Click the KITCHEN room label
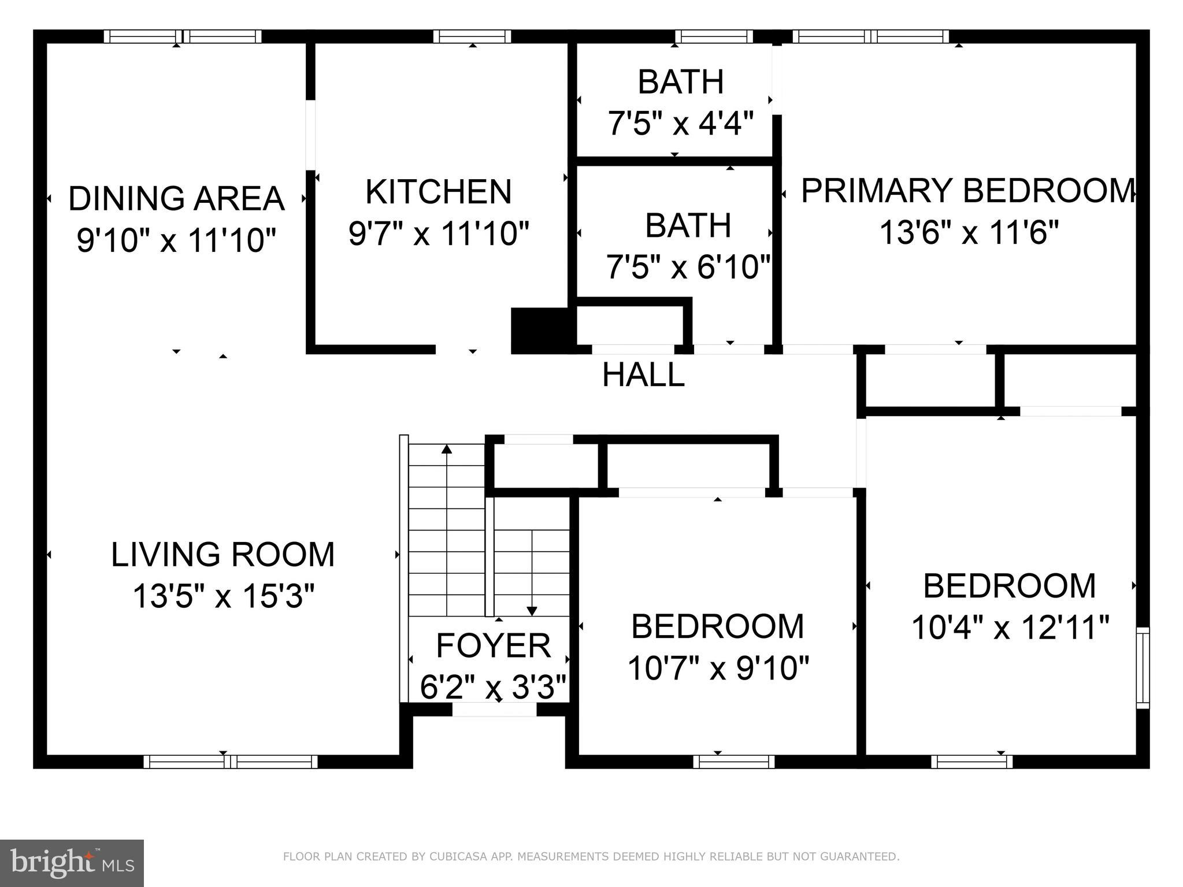(x=438, y=192)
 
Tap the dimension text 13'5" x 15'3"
(x=223, y=596)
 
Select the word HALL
(x=643, y=375)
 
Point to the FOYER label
(x=493, y=645)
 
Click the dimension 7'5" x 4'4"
(x=680, y=123)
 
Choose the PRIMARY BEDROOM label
(x=968, y=191)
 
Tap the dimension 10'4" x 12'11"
(x=1010, y=628)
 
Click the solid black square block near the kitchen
(x=542, y=330)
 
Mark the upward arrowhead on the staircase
(x=447, y=448)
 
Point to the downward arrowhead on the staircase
(x=532, y=611)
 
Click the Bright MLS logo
(x=72, y=863)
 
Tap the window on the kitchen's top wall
(x=472, y=36)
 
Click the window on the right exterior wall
(x=1143, y=667)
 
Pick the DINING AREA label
(x=176, y=198)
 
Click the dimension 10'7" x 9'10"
(x=718, y=668)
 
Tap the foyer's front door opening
(x=494, y=710)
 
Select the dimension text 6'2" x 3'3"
(x=493, y=687)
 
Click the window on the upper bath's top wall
(x=714, y=36)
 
